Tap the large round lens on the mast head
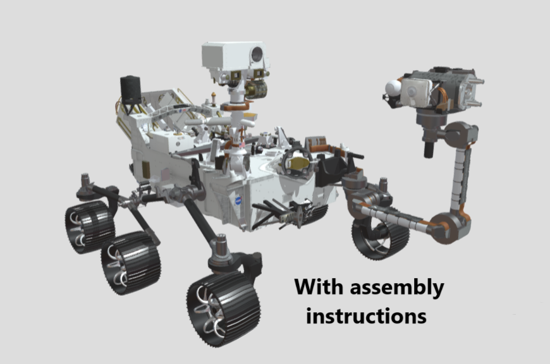pos(257,55)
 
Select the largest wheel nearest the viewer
pos(223,308)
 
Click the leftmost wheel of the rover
pos(89,226)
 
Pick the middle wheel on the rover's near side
pos(131,262)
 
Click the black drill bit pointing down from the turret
pos(428,149)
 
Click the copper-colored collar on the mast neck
pos(238,107)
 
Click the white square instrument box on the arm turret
pos(416,94)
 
